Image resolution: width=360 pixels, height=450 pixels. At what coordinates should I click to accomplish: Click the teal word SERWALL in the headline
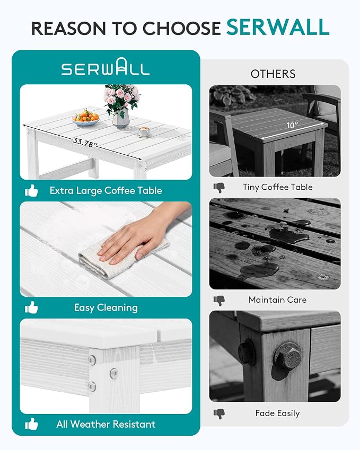(x=278, y=28)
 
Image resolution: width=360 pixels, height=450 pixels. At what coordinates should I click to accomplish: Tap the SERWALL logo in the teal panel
(x=106, y=67)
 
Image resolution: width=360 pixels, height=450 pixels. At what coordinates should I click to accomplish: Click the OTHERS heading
(x=273, y=74)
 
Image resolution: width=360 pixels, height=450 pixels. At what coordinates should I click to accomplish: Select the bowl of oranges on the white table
(x=86, y=118)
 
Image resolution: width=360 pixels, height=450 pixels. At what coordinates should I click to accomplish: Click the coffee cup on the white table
(x=144, y=132)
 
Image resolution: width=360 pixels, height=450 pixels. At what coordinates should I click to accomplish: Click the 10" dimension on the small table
(x=292, y=125)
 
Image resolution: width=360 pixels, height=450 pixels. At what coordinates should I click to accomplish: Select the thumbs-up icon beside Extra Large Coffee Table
(x=31, y=191)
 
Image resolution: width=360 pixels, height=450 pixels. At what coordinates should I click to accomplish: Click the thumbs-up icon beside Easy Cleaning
(x=31, y=307)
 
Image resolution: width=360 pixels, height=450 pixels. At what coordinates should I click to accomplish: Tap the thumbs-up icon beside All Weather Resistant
(x=31, y=424)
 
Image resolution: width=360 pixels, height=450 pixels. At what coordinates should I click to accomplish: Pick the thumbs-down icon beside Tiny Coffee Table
(x=219, y=188)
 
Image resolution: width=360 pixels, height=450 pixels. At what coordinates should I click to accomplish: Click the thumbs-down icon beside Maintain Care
(x=219, y=301)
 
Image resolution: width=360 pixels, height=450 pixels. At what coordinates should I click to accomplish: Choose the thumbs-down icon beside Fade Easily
(x=219, y=413)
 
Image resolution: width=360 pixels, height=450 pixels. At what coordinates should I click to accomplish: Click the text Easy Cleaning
(x=106, y=307)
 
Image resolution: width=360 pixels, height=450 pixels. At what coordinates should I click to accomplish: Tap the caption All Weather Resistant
(x=106, y=424)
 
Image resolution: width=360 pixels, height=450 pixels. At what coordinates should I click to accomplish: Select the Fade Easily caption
(x=277, y=413)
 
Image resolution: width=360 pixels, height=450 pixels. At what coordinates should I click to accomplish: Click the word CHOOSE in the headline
(x=181, y=29)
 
